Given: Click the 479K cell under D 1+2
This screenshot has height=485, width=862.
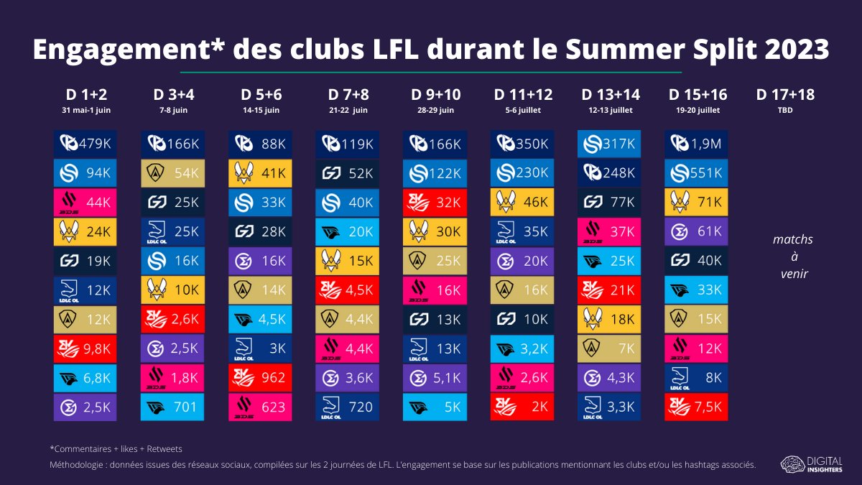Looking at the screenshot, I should (85, 144).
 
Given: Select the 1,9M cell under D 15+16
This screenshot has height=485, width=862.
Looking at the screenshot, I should (697, 144).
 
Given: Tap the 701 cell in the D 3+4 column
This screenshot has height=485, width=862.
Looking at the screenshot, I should (172, 407).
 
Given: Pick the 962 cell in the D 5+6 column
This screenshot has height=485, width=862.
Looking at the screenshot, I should (260, 378).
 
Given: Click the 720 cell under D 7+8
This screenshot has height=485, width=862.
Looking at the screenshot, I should (347, 407).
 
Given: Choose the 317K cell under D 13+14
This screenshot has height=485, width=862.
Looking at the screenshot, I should (609, 144).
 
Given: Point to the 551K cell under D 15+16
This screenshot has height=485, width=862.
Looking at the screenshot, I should (697, 173).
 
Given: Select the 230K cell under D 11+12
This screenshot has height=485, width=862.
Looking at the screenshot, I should (522, 173).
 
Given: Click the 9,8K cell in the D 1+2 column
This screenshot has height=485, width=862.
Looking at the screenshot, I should (85, 348).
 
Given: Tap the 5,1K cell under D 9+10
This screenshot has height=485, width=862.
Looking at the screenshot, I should (435, 378).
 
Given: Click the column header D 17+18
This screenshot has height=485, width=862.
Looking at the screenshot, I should (785, 95).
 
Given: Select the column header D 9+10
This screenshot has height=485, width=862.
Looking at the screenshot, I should (435, 95).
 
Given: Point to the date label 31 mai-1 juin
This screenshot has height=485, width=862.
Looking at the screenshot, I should (85, 111).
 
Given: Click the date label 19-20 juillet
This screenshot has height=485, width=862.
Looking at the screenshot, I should (697, 111).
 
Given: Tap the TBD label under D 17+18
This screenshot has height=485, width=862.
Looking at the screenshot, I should (785, 111).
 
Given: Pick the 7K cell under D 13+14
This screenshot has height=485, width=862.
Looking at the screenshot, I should (609, 348).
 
